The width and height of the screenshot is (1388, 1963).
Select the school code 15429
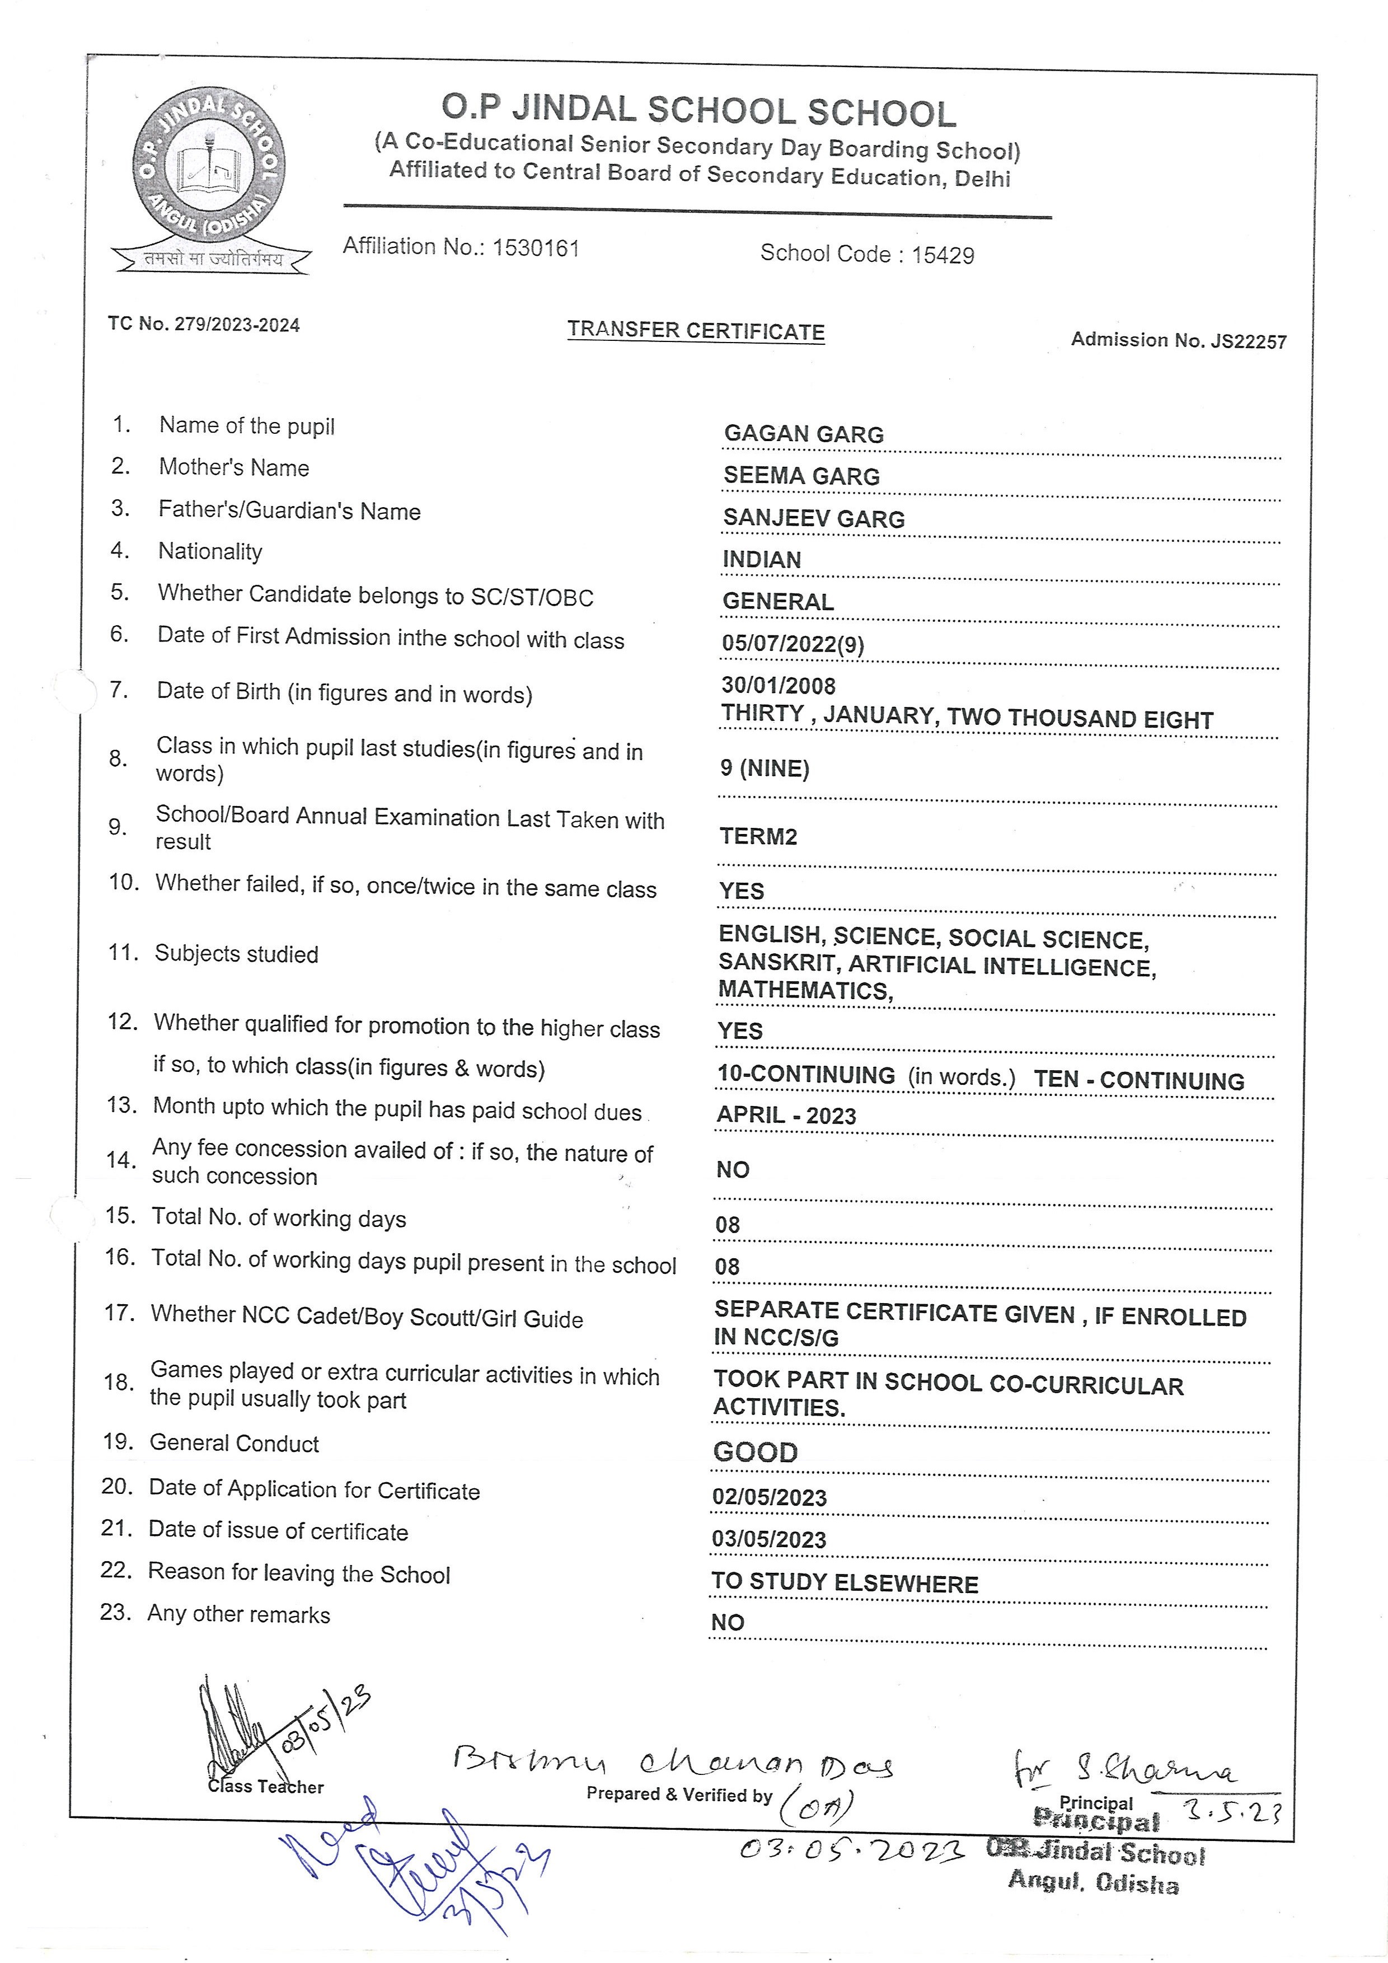[x=942, y=255]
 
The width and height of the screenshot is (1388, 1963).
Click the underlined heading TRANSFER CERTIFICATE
[x=696, y=331]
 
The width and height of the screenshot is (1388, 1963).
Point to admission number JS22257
[x=1248, y=341]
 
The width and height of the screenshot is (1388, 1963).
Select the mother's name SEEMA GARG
[x=801, y=476]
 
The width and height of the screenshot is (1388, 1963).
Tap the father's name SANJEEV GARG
[x=813, y=518]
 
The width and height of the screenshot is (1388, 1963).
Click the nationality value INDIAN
[x=762, y=560]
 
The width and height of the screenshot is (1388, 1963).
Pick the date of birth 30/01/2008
[x=778, y=686]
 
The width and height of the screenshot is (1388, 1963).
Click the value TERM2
[x=758, y=836]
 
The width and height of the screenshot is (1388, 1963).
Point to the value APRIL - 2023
[x=785, y=1116]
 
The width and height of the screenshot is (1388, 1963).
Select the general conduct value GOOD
[x=754, y=1452]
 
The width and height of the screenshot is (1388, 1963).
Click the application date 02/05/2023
[x=769, y=1498]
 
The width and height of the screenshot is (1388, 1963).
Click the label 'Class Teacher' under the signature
[x=266, y=1787]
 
